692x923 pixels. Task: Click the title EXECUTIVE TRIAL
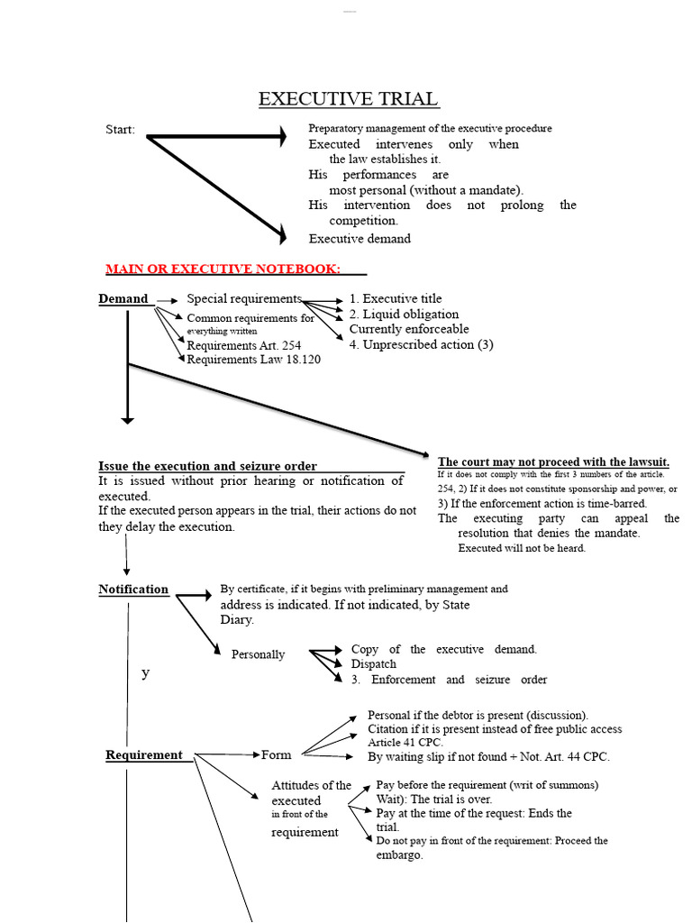pyautogui.click(x=348, y=99)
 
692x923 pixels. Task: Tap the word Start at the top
pyautogui.click(x=120, y=130)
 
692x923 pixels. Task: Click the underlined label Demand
pyautogui.click(x=123, y=299)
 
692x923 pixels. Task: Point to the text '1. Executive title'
pyautogui.click(x=396, y=298)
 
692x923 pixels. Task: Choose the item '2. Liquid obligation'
pyautogui.click(x=404, y=314)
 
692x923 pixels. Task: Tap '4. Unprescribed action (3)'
pyautogui.click(x=422, y=344)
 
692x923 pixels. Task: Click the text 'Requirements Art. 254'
pyautogui.click(x=243, y=345)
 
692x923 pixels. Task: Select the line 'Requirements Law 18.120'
pyautogui.click(x=253, y=360)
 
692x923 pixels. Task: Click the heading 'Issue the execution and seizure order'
pyautogui.click(x=207, y=466)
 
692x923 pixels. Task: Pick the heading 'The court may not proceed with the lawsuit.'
pyautogui.click(x=553, y=461)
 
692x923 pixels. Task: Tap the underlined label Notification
pyautogui.click(x=133, y=589)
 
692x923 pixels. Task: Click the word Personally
pyautogui.click(x=258, y=654)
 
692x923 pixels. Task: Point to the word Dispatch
pyautogui.click(x=374, y=664)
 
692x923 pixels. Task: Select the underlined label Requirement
pyautogui.click(x=144, y=755)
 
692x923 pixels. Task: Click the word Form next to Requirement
pyautogui.click(x=277, y=755)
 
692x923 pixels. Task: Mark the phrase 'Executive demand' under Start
pyautogui.click(x=360, y=239)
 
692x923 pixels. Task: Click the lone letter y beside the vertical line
pyautogui.click(x=145, y=673)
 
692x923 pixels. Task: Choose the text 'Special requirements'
pyautogui.click(x=242, y=298)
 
